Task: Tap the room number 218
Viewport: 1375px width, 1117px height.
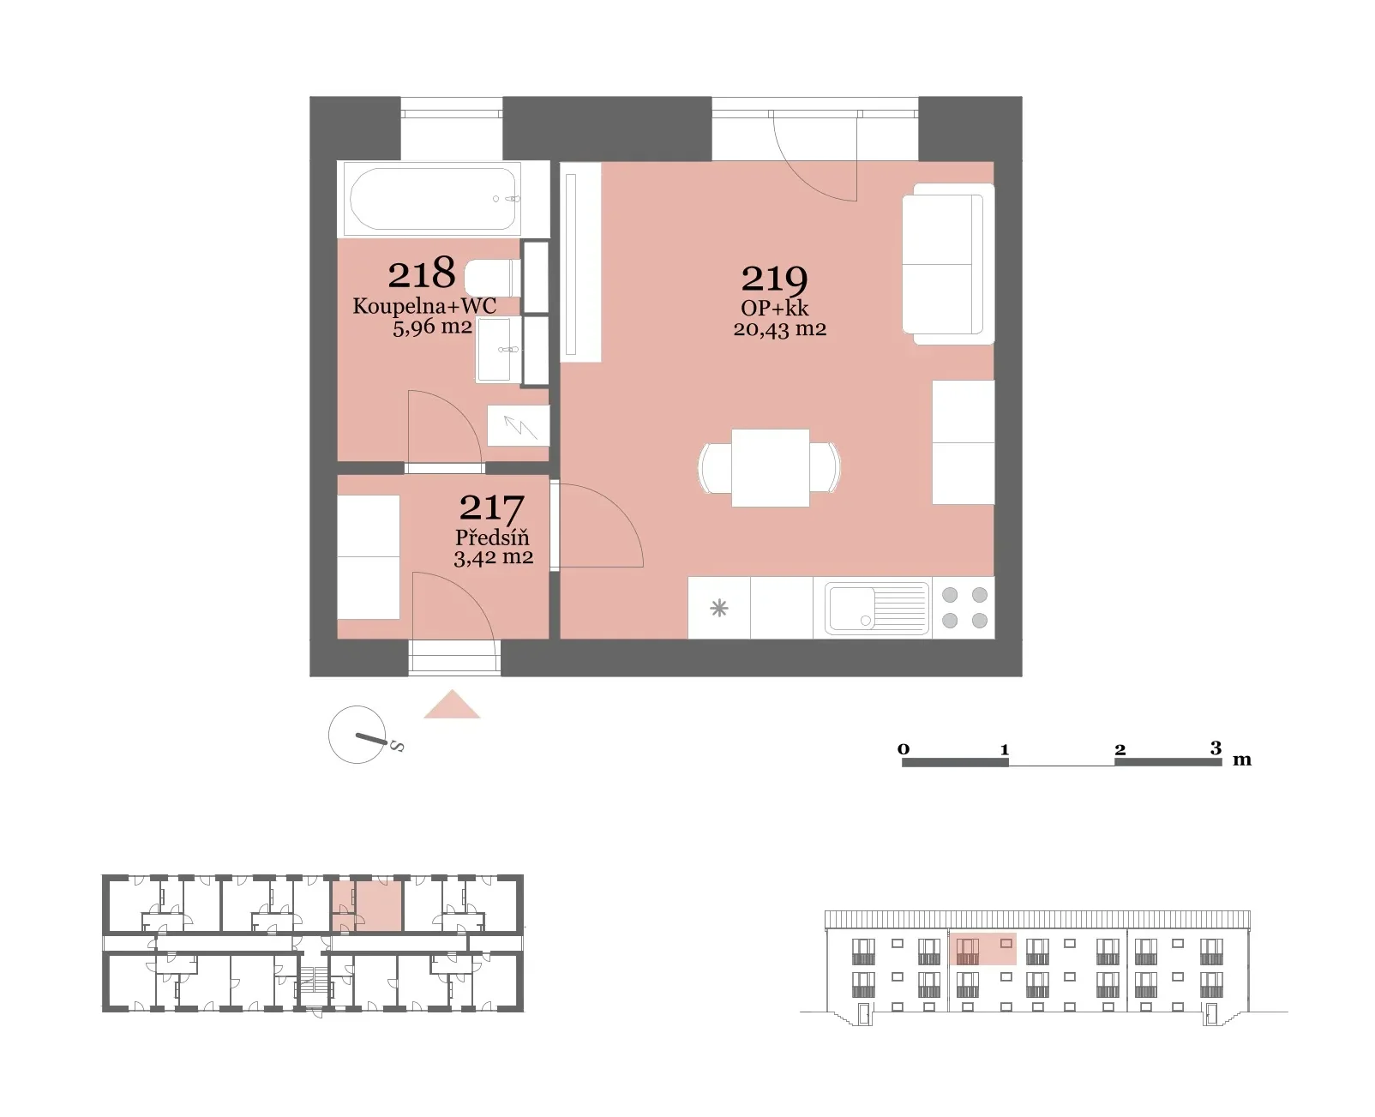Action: [x=422, y=273]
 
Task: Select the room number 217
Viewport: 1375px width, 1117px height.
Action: [x=491, y=509]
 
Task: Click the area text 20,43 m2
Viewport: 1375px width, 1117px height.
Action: [x=779, y=329]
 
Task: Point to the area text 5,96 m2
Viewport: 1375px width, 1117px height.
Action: [x=432, y=327]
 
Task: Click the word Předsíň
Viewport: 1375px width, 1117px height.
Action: [x=492, y=537]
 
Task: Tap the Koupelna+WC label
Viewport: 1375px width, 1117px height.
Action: [x=425, y=305]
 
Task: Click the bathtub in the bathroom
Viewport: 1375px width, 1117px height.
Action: [x=432, y=199]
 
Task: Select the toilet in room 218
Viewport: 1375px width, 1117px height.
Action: [x=492, y=278]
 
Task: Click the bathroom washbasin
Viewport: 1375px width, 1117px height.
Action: [x=498, y=349]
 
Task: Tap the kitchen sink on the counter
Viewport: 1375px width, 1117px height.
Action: [x=877, y=607]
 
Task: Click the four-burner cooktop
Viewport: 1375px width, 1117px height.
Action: [x=964, y=608]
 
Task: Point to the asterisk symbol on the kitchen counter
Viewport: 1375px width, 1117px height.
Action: [x=718, y=608]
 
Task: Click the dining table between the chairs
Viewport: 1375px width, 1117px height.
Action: [x=770, y=467]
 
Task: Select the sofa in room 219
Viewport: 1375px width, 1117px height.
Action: [x=947, y=263]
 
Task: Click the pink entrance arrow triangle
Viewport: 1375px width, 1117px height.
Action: [x=452, y=705]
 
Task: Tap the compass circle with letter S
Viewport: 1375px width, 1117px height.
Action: [x=357, y=735]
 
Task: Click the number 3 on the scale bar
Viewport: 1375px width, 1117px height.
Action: [x=1216, y=748]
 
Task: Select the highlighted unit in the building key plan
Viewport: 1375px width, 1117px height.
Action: [x=367, y=906]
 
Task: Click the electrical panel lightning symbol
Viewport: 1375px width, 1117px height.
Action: [x=519, y=425]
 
